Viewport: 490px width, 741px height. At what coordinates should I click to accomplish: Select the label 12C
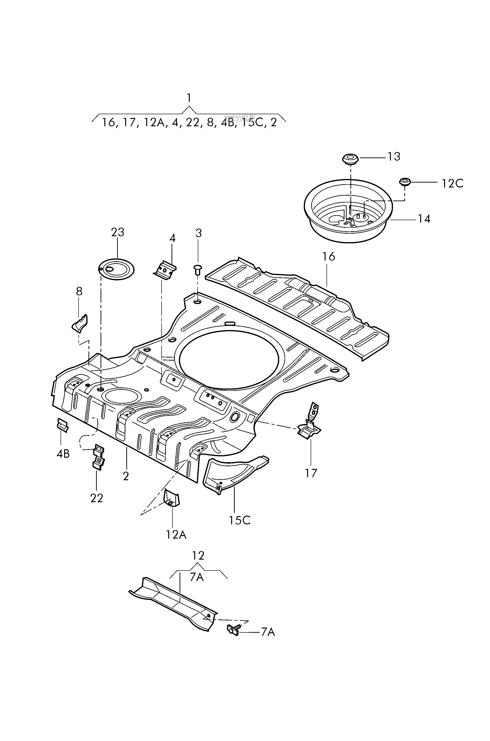click(452, 184)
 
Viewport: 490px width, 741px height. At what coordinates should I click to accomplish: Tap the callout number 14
click(424, 219)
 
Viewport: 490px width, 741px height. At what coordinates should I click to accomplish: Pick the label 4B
click(63, 454)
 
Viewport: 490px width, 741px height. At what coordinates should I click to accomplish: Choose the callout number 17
click(311, 473)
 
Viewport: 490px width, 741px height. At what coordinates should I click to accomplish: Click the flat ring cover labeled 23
click(116, 269)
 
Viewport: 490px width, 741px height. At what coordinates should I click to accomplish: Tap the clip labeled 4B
click(62, 425)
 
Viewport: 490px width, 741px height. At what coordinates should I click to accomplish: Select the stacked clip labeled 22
click(98, 458)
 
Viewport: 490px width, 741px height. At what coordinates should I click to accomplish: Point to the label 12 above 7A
click(198, 556)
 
